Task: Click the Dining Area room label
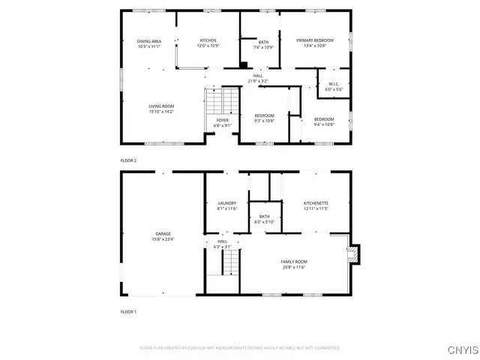tap(149, 41)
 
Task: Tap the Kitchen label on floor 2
tap(208, 40)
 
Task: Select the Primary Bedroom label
tap(314, 40)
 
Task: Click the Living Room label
tap(161, 106)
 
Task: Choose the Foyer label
tap(223, 120)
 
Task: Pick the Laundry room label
tap(227, 203)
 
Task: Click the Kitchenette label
tap(316, 203)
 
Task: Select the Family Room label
tap(294, 262)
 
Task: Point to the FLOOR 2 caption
tap(128, 160)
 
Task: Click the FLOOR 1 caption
tap(128, 310)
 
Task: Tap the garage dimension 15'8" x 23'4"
tap(163, 240)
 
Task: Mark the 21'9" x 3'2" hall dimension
tap(258, 81)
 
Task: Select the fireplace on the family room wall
tap(354, 255)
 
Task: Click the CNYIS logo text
tap(460, 349)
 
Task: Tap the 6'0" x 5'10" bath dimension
tap(265, 222)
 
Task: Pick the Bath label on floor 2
tap(263, 42)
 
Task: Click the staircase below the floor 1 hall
tap(232, 262)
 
